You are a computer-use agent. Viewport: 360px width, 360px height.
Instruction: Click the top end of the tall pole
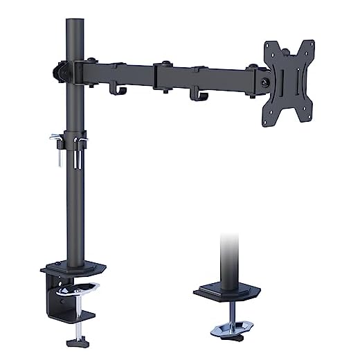tap(74, 23)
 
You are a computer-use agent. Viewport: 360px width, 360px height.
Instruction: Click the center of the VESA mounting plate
tap(288, 82)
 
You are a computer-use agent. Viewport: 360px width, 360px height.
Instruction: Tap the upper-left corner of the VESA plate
tap(269, 46)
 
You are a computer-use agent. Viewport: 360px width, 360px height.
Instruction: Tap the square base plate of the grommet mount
tap(228, 290)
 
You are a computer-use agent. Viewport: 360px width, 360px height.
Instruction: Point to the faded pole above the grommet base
tap(229, 256)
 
